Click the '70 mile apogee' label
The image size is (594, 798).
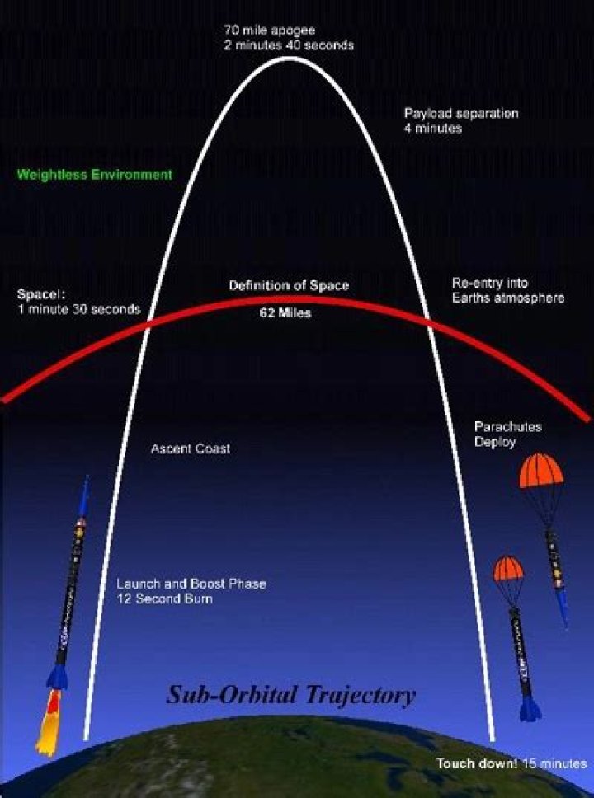pyautogui.click(x=262, y=31)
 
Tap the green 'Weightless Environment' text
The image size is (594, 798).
pyautogui.click(x=95, y=174)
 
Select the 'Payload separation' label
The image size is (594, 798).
pyautogui.click(x=461, y=114)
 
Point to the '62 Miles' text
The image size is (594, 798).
pyautogui.click(x=285, y=313)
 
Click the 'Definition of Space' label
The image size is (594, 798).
pyautogui.click(x=289, y=285)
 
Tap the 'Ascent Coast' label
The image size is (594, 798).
pyautogui.click(x=191, y=449)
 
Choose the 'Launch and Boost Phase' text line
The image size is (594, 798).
pyautogui.click(x=191, y=584)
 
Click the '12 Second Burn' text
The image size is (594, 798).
pyautogui.click(x=164, y=599)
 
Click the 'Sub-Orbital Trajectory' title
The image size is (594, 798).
pyautogui.click(x=291, y=694)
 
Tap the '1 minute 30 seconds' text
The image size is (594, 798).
pyautogui.click(x=78, y=309)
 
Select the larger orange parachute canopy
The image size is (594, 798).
pyautogui.click(x=540, y=471)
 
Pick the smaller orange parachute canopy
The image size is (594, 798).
pyautogui.click(x=508, y=568)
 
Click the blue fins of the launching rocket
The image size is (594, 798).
pyautogui.click(x=58, y=677)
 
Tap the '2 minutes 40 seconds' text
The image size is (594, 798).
pyautogui.click(x=288, y=45)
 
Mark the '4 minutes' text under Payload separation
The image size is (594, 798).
pyautogui.click(x=432, y=129)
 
